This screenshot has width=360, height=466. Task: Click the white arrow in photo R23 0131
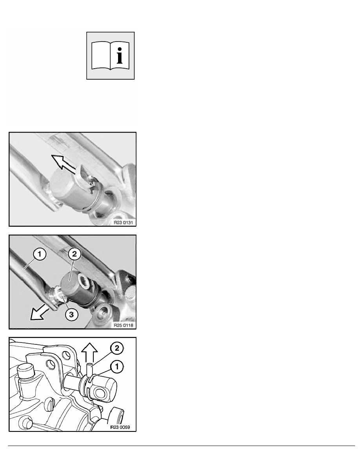click(65, 164)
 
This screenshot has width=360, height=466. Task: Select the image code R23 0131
click(124, 222)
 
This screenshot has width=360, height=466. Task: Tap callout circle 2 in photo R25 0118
click(74, 254)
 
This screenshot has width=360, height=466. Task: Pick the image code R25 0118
click(124, 326)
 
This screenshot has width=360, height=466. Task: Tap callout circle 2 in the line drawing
click(116, 348)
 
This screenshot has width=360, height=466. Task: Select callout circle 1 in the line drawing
click(116, 367)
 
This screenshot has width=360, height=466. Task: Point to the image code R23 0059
click(120, 428)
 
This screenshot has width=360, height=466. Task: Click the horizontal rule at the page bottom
click(182, 446)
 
